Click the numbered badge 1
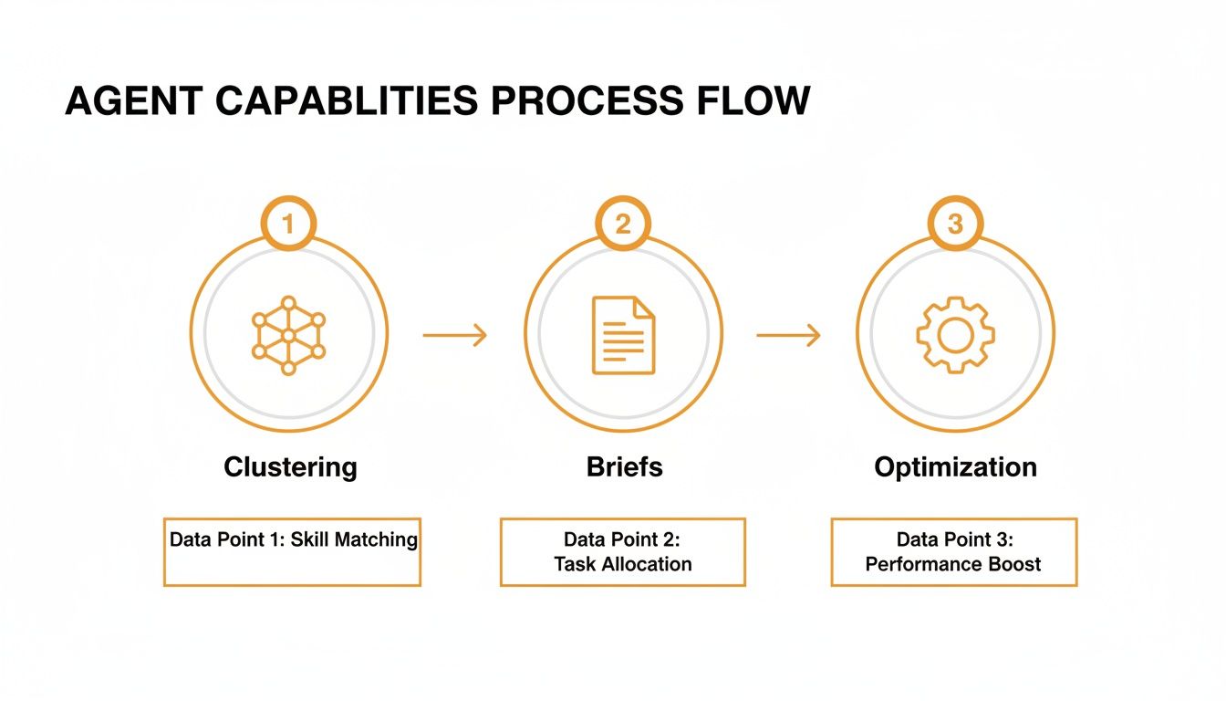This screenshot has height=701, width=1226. [288, 224]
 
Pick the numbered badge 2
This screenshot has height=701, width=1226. [622, 224]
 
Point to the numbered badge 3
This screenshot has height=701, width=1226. [955, 224]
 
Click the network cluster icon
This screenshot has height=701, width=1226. [288, 335]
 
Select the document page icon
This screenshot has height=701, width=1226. [623, 335]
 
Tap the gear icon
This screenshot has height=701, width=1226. [955, 335]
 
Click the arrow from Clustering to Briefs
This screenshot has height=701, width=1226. [455, 336]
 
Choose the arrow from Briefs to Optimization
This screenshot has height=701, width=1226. [788, 336]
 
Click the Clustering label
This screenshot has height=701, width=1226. [290, 467]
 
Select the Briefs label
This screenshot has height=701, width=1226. [624, 467]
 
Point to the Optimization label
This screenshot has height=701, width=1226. [955, 467]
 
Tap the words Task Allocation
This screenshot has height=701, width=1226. [623, 564]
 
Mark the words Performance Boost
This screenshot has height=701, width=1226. [953, 564]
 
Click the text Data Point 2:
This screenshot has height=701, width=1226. [623, 539]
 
